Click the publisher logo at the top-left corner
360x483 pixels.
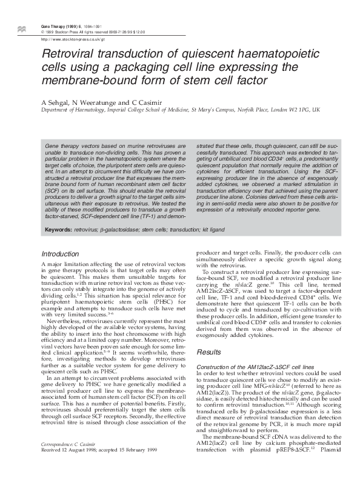[22, 28]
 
